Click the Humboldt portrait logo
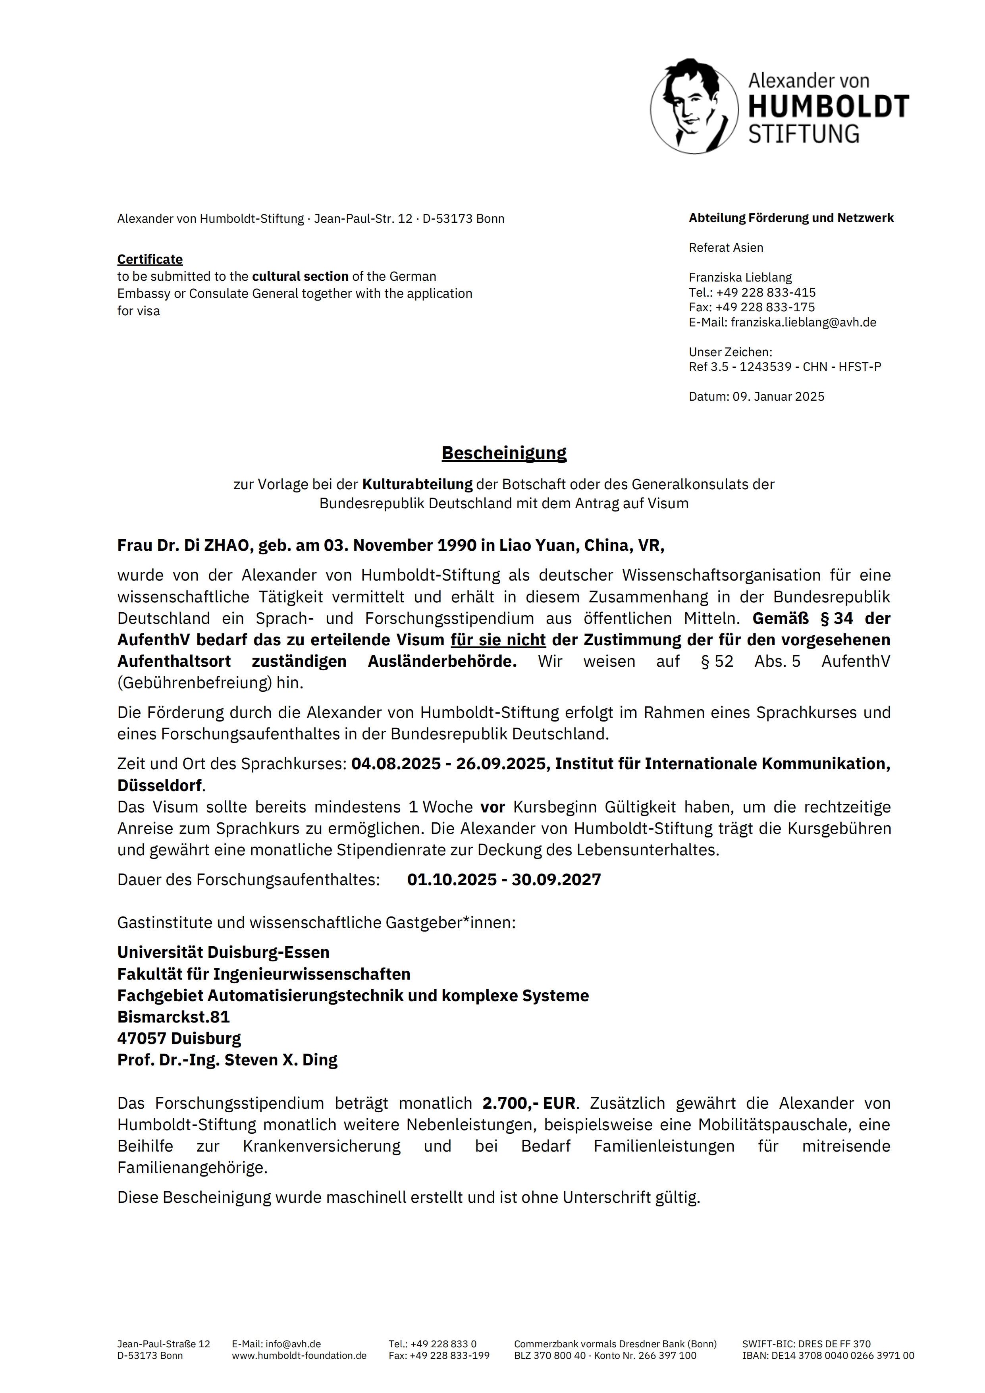click(x=694, y=106)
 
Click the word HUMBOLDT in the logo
click(x=829, y=107)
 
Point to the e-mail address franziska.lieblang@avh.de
click(x=803, y=322)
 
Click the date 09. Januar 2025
click(x=778, y=396)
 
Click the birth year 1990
click(x=457, y=546)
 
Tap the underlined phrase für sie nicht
click(x=498, y=640)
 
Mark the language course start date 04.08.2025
click(x=395, y=764)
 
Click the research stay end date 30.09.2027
click(x=556, y=880)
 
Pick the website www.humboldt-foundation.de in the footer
click(x=299, y=1355)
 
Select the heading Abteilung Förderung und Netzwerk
click(x=791, y=218)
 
